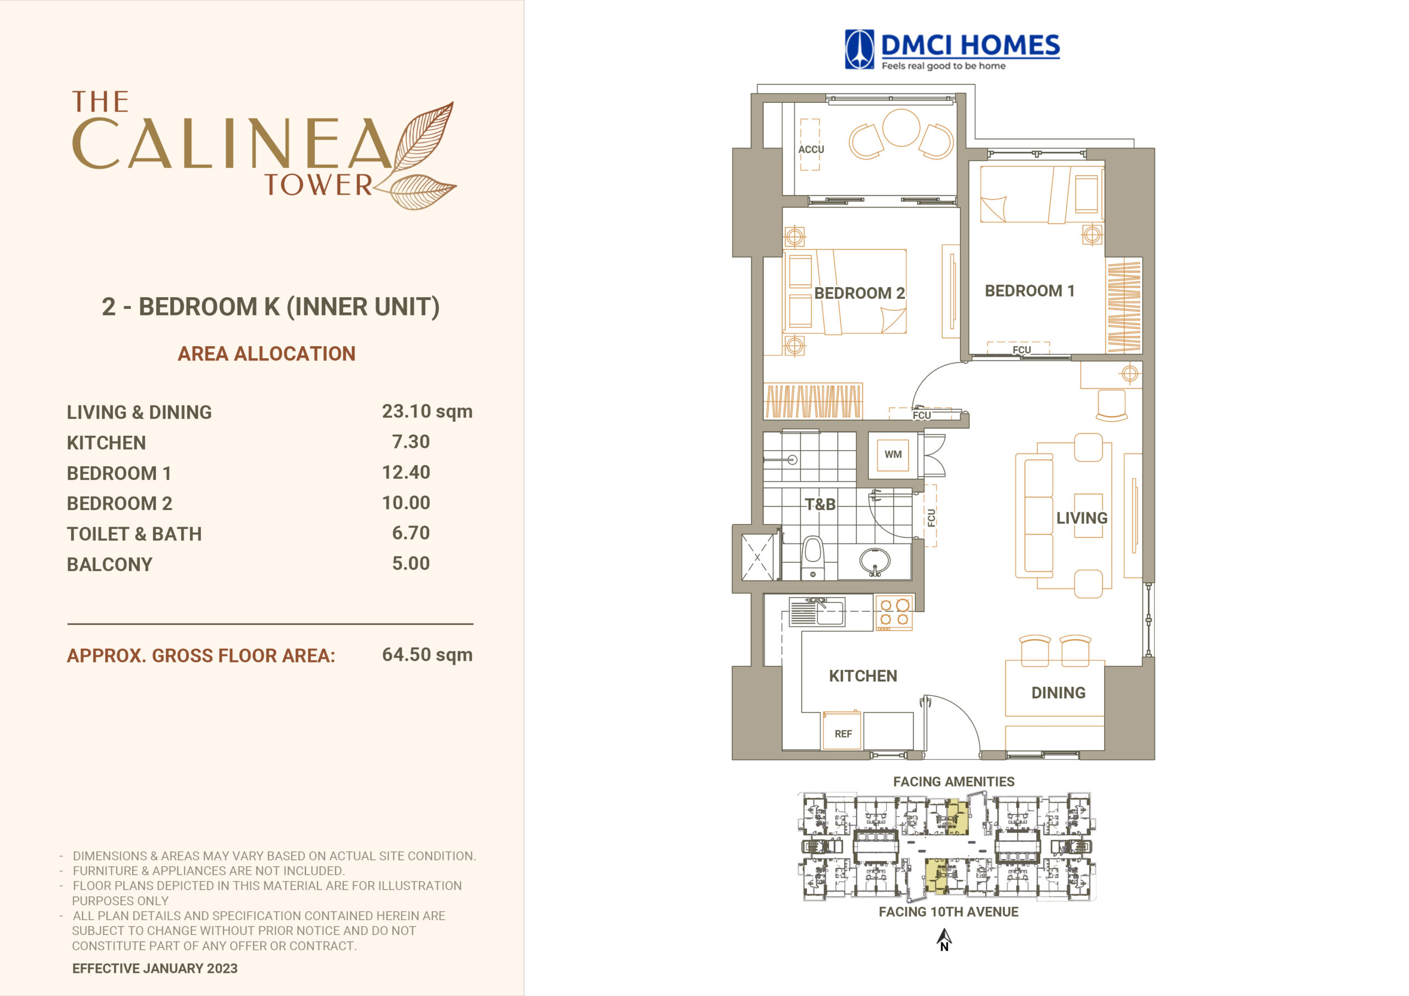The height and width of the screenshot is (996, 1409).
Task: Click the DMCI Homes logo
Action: pyautogui.click(x=952, y=50)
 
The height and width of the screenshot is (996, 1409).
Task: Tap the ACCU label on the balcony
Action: pyautogui.click(x=811, y=149)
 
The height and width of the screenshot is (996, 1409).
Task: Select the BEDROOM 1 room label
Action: pyautogui.click(x=1030, y=291)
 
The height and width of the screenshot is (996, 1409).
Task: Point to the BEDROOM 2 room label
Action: pyautogui.click(x=859, y=293)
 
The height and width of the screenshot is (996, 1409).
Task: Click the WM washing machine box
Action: pyautogui.click(x=893, y=455)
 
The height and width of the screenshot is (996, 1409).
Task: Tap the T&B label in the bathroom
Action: pyautogui.click(x=820, y=505)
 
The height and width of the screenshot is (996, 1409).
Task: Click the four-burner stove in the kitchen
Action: pyautogui.click(x=893, y=612)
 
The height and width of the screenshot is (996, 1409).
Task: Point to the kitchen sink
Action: pyautogui.click(x=817, y=612)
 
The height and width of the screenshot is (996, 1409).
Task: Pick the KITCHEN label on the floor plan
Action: pyautogui.click(x=863, y=676)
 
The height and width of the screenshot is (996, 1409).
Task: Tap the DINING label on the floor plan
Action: pyautogui.click(x=1058, y=693)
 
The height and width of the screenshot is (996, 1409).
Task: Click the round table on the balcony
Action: pyautogui.click(x=901, y=128)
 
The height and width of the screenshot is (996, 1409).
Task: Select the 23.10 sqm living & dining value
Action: pyautogui.click(x=427, y=411)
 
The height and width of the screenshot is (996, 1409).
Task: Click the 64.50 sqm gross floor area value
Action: pyautogui.click(x=427, y=655)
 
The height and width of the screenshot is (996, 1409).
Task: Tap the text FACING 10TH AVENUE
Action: pyautogui.click(x=948, y=912)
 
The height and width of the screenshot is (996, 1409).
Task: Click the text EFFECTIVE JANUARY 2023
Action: pyautogui.click(x=155, y=968)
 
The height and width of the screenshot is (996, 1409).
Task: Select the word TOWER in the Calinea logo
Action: pyautogui.click(x=318, y=185)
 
